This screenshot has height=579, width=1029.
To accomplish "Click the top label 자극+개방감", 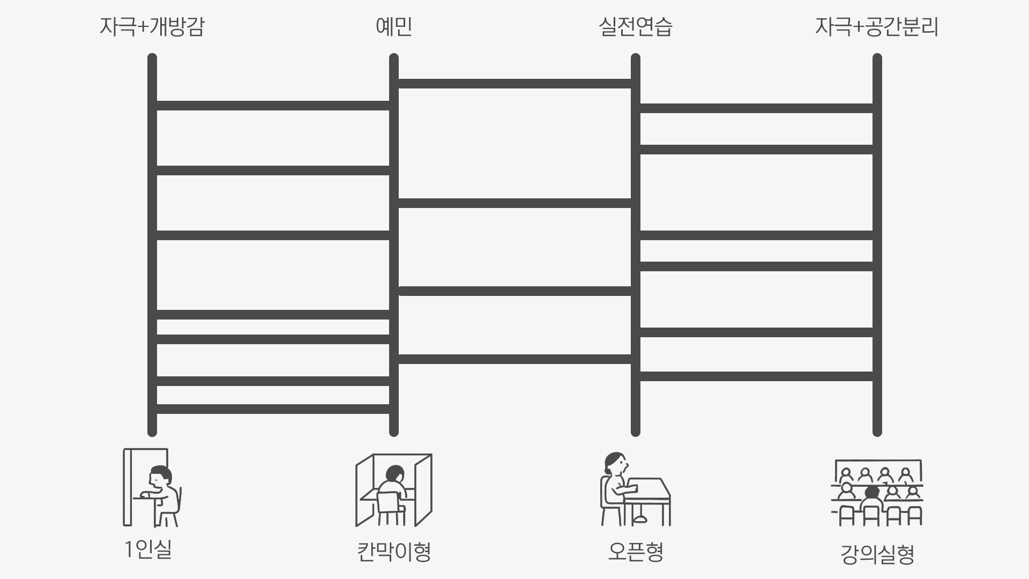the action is click(x=152, y=27).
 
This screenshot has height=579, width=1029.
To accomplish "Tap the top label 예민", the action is click(x=394, y=27).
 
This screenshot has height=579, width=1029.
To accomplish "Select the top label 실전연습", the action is click(x=636, y=27).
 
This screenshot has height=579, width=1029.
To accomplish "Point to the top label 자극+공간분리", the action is click(x=877, y=27).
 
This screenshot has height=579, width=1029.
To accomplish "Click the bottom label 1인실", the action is click(x=148, y=549).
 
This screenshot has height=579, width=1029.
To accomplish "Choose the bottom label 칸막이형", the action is click(x=394, y=552).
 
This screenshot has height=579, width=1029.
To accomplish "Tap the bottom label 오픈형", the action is click(x=636, y=552).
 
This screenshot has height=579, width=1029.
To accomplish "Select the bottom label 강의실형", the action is click(x=877, y=555).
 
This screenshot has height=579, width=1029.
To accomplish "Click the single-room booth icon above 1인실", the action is click(x=152, y=487).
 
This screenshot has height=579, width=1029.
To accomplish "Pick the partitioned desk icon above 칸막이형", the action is click(x=394, y=490).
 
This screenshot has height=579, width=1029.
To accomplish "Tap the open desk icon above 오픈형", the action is click(x=636, y=489).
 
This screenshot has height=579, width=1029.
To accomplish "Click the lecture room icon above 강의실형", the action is click(x=877, y=492).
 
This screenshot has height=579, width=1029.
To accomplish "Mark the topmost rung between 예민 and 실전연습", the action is click(x=514, y=84).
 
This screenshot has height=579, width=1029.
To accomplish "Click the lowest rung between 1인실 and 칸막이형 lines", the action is click(x=273, y=409).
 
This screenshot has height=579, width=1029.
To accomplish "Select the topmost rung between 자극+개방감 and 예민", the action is click(x=273, y=106).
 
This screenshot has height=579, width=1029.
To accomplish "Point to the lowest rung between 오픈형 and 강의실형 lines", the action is click(x=756, y=376).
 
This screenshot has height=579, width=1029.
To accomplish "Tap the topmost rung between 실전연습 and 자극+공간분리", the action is click(x=756, y=108).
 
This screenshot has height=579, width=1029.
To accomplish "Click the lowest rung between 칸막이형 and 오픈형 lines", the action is click(x=514, y=359).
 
